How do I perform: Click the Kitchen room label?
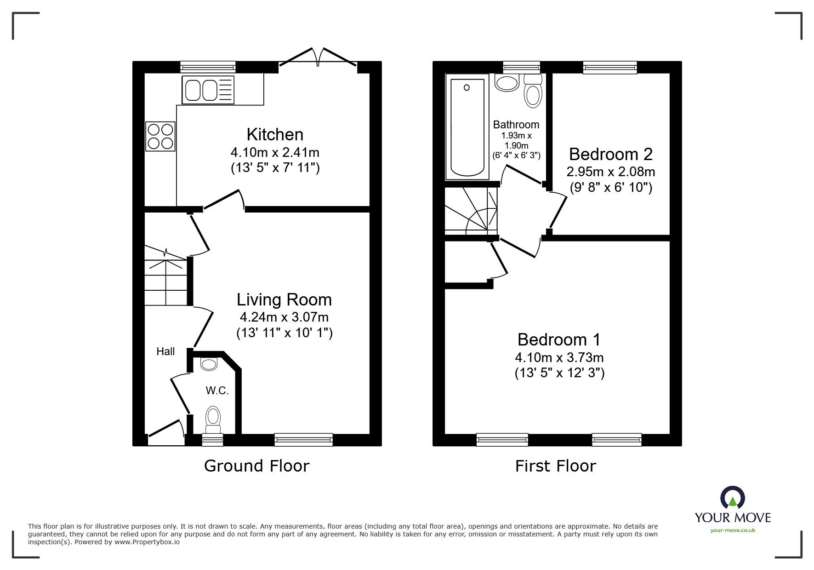pos(275,135)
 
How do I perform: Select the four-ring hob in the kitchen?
pos(160,136)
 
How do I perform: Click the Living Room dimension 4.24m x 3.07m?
pos(284,317)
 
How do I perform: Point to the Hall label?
pos(165,351)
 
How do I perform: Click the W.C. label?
pos(217,391)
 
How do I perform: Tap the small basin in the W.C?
pos(209,364)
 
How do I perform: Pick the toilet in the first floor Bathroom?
pos(533,92)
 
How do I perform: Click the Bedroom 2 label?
pos(610,154)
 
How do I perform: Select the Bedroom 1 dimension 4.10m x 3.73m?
pos(559,357)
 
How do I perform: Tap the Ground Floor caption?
pos(256,466)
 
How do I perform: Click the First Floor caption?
pos(555,466)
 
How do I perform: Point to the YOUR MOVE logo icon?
pos(733,498)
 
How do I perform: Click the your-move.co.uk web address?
pos(733,530)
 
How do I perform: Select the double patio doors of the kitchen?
pos(318,60)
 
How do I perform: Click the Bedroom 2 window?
pos(610,68)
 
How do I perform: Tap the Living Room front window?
pos(303,440)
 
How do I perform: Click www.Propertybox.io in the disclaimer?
pos(147,542)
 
